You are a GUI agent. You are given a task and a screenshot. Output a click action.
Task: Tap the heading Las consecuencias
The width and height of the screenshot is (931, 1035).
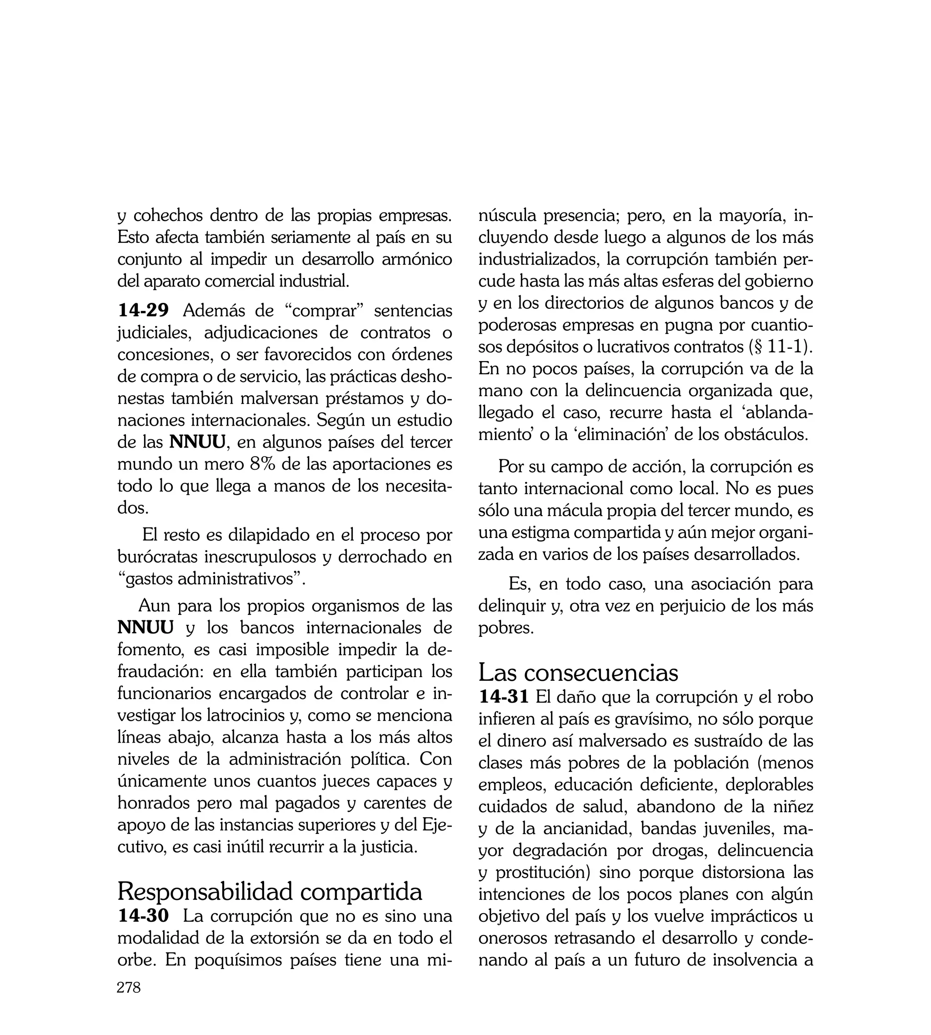(578, 672)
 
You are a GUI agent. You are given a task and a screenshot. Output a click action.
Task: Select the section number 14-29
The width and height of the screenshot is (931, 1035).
(143, 311)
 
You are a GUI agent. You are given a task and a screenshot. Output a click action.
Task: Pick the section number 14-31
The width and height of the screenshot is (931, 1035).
(503, 696)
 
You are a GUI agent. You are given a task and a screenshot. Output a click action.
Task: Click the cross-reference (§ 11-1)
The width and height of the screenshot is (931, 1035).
(780, 347)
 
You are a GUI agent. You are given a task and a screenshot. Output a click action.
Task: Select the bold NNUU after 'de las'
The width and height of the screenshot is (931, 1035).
(197, 442)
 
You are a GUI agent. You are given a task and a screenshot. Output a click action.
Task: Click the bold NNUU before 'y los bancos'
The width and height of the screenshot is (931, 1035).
(145, 627)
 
